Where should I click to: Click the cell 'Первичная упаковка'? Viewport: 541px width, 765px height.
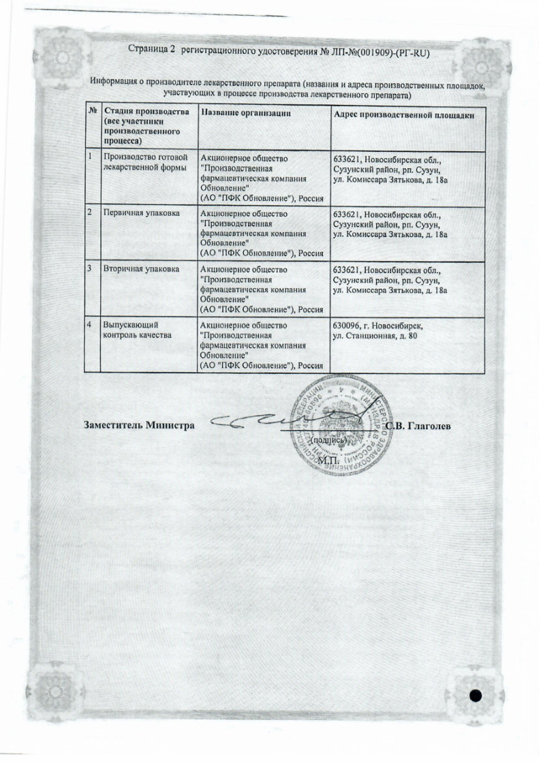pos(141,213)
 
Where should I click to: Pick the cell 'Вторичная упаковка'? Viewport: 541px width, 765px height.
pos(140,269)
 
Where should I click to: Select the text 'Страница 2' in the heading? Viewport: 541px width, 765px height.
pos(152,52)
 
